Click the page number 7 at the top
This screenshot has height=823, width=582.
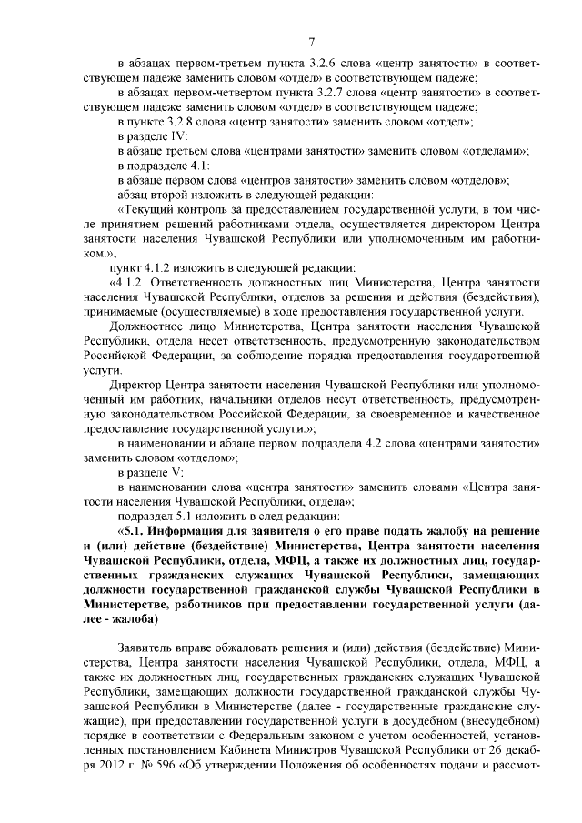(x=311, y=40)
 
